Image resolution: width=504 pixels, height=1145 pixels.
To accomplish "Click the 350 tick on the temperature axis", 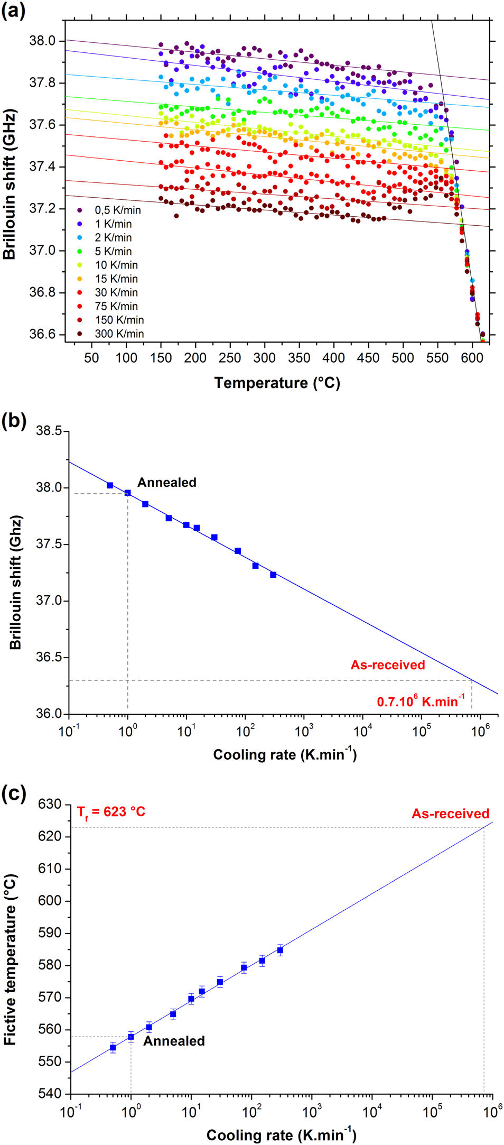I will point(299,358).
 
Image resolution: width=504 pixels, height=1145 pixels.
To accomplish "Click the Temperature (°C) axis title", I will point(277,383).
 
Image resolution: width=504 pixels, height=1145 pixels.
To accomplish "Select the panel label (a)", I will point(13,11).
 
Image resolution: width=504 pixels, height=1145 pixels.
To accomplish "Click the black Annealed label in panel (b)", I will point(167,483).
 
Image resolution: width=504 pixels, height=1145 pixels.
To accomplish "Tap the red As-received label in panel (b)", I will point(388,665).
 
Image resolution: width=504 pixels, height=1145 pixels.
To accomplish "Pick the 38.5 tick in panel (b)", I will point(49,431).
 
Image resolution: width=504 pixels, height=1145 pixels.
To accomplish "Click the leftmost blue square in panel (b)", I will point(110,485).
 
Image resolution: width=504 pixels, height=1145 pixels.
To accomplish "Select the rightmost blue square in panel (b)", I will point(273,575).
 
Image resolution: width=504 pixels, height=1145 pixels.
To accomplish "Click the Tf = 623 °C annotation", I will point(111,811).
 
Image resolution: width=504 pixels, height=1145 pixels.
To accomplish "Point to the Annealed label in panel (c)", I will point(174,1041).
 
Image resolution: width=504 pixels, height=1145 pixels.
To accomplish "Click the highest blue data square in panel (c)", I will point(280,950).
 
